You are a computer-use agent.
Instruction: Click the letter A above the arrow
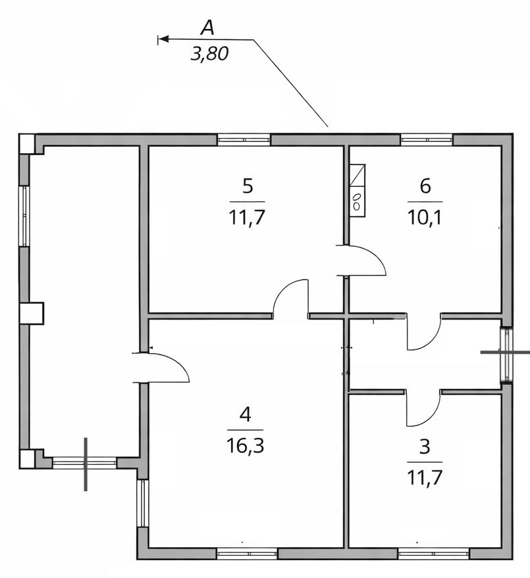click(x=207, y=28)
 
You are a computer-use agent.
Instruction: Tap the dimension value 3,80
click(x=209, y=54)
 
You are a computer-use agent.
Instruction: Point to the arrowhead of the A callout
click(x=163, y=39)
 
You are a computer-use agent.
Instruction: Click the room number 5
click(x=248, y=186)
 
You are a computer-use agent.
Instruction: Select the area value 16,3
click(x=246, y=446)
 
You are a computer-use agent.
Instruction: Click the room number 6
click(x=425, y=186)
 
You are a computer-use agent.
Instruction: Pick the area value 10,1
click(x=425, y=218)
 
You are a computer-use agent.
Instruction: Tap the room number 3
click(x=425, y=446)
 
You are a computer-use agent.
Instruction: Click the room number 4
click(x=246, y=415)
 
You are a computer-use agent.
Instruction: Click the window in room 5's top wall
click(x=244, y=139)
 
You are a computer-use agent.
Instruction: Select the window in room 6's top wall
click(x=427, y=139)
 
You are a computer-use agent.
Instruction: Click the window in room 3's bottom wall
click(x=434, y=553)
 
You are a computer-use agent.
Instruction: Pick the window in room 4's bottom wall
click(x=247, y=553)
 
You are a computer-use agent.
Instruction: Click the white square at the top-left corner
click(x=27, y=144)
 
